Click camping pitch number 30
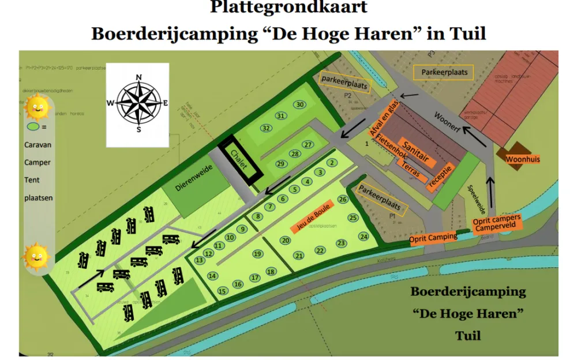click(x=299, y=104)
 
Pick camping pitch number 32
click(x=266, y=127)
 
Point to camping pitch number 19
click(x=257, y=253)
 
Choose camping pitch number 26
click(x=342, y=199)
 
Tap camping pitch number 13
click(x=200, y=260)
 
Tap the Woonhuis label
click(x=522, y=159)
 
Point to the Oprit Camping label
click(x=433, y=238)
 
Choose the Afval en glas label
click(x=384, y=120)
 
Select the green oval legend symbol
click(x=34, y=126)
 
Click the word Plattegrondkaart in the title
click(x=288, y=7)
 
